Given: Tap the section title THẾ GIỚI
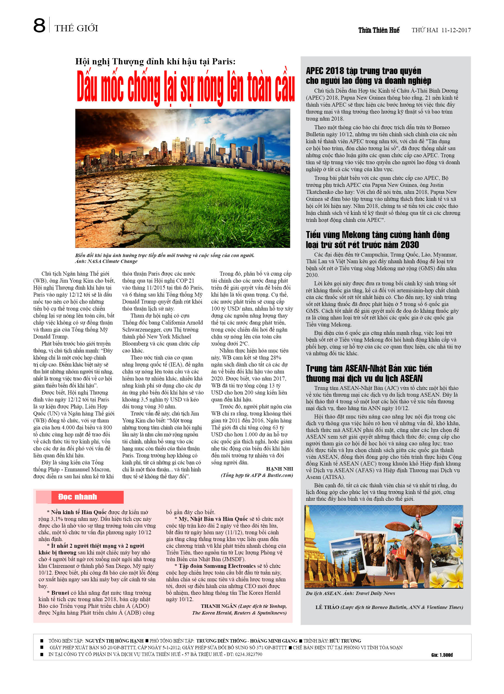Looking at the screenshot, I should coord(76,29).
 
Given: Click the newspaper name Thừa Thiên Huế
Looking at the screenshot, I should coord(379,30).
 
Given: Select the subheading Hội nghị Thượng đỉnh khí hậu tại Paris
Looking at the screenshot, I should coord(155,62).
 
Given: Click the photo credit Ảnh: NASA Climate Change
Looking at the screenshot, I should coord(106,261).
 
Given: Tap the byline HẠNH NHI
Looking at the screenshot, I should coord(279,469).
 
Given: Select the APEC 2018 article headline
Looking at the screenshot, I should coord(368,76).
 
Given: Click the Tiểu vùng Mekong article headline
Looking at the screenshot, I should coord(377,240).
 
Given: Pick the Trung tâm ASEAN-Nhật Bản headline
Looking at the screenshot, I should coord(369,373).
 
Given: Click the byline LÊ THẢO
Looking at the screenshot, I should coord(327,607).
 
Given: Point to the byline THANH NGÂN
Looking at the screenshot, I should coord(218,606).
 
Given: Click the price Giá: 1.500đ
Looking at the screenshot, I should coord(442,655).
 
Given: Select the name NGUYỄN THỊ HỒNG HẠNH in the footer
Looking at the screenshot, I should coord(114,641).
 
